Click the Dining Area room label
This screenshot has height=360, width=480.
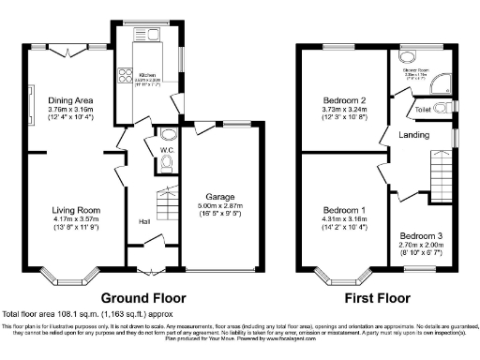(x=71, y=99)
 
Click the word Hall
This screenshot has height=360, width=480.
(x=145, y=221)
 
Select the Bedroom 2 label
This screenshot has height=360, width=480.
(x=339, y=99)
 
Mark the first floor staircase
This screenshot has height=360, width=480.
(x=440, y=172)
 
